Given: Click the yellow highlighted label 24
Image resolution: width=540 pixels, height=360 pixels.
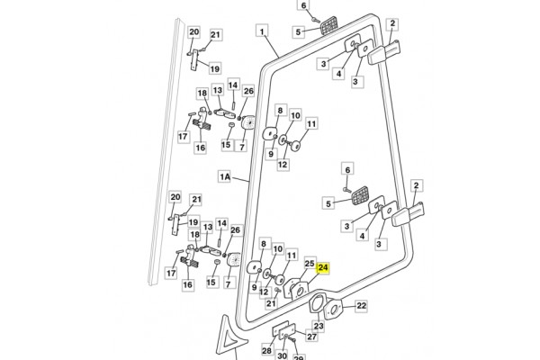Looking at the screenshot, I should point(325,267).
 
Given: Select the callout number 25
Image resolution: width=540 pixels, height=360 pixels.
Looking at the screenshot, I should point(308,265).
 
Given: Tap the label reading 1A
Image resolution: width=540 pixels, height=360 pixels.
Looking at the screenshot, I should point(226,177).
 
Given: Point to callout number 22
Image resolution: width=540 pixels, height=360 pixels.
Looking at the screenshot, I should point(361,307).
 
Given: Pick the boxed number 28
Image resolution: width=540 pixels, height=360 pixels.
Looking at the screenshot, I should point(267,350).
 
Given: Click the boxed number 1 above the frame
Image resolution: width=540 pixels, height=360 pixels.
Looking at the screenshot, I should point(262,32).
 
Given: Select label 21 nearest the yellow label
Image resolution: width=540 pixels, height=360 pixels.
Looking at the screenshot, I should point(271,304).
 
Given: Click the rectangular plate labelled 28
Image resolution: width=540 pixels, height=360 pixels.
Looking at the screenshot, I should point(281,328).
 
